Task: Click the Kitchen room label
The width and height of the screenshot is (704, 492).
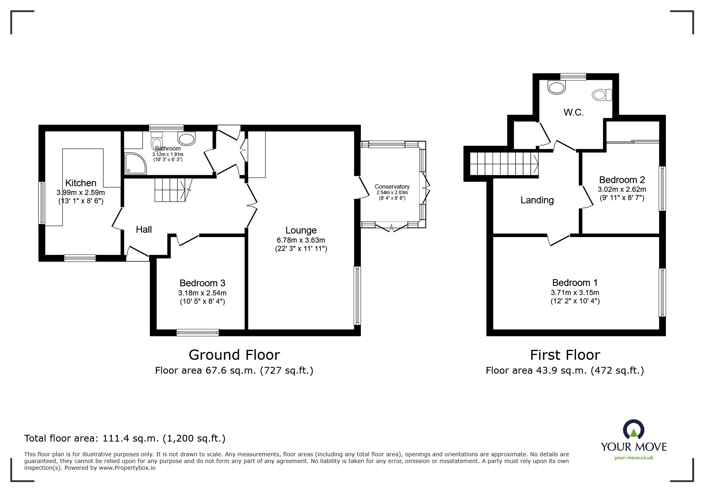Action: (81, 183)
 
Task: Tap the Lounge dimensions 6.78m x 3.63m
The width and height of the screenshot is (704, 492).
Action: (301, 240)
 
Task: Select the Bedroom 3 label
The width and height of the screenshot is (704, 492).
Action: (202, 283)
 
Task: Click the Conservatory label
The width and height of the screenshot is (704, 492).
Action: (392, 187)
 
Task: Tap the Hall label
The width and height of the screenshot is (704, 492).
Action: (144, 230)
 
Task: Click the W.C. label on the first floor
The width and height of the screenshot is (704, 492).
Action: (573, 112)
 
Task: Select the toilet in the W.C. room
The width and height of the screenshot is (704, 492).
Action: (603, 95)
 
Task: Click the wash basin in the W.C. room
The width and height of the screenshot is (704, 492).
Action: (557, 87)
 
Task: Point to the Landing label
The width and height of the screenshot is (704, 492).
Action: (537, 200)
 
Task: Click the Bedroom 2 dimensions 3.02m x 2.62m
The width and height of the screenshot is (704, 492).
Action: (622, 189)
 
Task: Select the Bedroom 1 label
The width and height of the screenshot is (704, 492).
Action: (575, 283)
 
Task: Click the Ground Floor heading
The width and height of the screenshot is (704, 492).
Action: (234, 355)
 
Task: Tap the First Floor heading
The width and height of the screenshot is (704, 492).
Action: (565, 355)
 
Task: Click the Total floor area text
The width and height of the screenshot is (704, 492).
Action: (125, 438)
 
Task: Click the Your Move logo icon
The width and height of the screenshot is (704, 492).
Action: (634, 430)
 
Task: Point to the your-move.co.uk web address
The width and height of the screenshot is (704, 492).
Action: (634, 458)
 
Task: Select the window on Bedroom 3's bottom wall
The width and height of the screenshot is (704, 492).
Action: (198, 333)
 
